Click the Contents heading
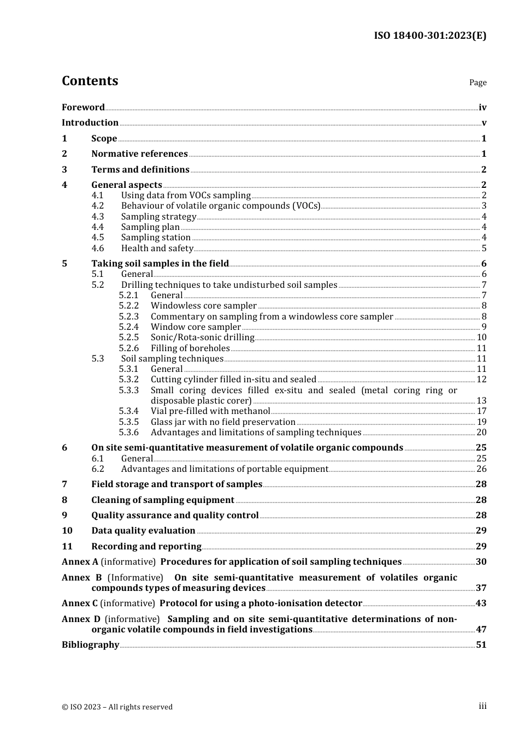tap(90, 81)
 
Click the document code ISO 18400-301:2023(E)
tap(430, 35)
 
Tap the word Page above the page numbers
tap(477, 82)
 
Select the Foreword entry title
tap(83, 108)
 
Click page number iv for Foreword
tap(482, 108)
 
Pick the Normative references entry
tap(139, 154)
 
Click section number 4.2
tap(98, 206)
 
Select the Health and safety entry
tap(157, 248)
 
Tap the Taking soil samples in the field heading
tap(160, 264)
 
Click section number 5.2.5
tap(129, 338)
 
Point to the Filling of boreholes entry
tap(190, 348)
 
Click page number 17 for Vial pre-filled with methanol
tap(481, 411)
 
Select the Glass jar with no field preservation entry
tap(223, 422)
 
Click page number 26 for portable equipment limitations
tap(481, 469)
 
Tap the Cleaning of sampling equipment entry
tap(163, 500)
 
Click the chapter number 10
tap(67, 531)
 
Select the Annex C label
tap(80, 603)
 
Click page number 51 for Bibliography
tap(481, 645)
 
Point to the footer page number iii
tap(482, 706)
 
